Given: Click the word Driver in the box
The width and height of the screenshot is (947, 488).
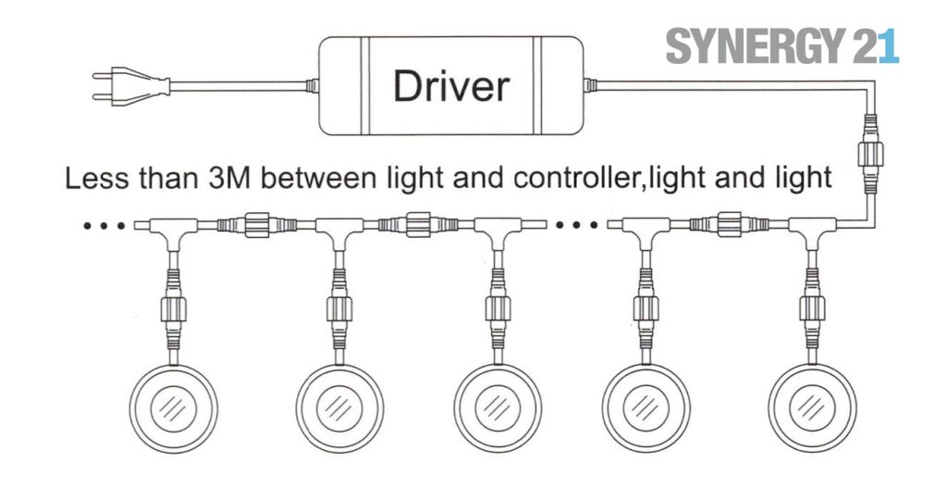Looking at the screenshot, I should click(450, 86).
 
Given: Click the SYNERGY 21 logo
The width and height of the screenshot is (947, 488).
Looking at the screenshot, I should click(781, 46).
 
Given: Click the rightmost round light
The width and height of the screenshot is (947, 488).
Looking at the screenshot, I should click(811, 407).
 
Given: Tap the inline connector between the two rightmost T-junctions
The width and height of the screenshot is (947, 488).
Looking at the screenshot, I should click(730, 223).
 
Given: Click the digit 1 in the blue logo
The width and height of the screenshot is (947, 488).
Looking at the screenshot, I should click(889, 46).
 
